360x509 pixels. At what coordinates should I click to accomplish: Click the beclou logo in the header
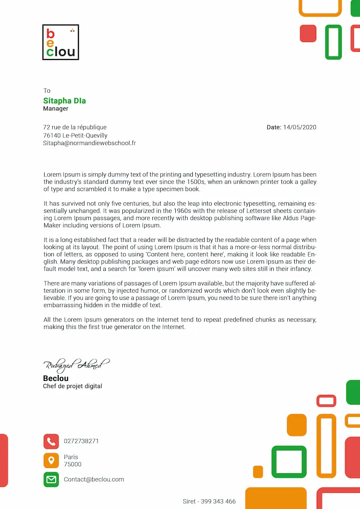click(x=61, y=42)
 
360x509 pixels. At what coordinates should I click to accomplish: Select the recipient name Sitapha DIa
click(x=65, y=101)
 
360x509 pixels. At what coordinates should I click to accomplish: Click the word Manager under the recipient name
click(x=56, y=109)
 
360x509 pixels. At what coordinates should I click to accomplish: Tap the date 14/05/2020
click(x=300, y=127)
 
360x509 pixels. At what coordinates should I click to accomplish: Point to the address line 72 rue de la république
click(x=75, y=127)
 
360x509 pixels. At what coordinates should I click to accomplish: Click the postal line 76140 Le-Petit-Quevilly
click(x=75, y=135)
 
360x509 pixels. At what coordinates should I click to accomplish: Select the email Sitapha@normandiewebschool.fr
click(x=89, y=143)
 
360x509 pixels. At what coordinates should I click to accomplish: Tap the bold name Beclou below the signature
click(x=56, y=378)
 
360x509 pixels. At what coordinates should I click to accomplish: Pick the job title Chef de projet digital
click(x=73, y=386)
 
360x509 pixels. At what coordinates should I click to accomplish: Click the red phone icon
click(x=51, y=442)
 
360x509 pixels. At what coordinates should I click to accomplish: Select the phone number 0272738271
click(x=81, y=441)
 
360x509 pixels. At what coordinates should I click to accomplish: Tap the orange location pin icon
click(x=51, y=461)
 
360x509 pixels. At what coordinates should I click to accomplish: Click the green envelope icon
click(x=51, y=480)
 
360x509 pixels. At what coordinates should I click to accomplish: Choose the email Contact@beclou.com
click(x=94, y=480)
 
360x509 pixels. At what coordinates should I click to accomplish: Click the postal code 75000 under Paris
click(x=73, y=464)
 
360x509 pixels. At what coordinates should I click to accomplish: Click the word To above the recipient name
click(x=47, y=91)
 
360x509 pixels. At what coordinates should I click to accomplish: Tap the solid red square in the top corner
click(x=308, y=34)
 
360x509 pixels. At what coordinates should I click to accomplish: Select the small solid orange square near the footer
click(x=258, y=471)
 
